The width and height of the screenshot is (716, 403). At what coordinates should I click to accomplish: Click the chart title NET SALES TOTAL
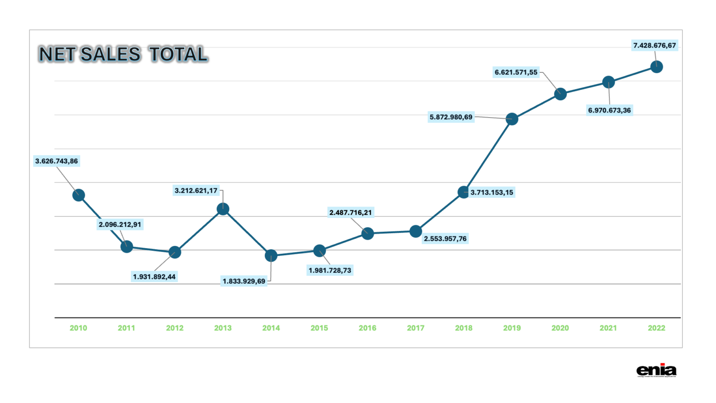click(123, 54)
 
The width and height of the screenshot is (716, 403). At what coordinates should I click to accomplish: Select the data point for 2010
click(79, 195)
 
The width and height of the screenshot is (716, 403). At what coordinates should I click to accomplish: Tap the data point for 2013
click(223, 209)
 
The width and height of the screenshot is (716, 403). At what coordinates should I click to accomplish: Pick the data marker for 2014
click(271, 256)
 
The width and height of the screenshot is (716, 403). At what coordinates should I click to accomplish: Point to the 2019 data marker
click(512, 119)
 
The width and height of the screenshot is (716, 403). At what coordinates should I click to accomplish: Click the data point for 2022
click(656, 67)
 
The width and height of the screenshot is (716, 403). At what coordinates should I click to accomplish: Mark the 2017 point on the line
click(416, 231)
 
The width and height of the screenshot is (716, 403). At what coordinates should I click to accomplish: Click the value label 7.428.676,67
click(654, 45)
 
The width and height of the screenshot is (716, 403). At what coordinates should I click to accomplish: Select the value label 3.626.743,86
click(56, 161)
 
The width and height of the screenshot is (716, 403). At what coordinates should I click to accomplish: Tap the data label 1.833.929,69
click(244, 281)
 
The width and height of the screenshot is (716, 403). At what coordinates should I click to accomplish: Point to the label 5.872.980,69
click(451, 117)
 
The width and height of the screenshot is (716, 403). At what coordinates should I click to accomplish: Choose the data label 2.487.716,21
click(351, 213)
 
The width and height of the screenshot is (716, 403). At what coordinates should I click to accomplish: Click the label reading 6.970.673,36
click(609, 111)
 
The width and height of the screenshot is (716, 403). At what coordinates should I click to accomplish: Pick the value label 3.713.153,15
click(492, 192)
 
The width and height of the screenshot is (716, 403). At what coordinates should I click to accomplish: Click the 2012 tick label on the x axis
click(175, 328)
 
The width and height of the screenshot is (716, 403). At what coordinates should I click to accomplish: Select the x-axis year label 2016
click(367, 328)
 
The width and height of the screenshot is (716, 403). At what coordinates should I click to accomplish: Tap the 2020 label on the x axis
click(560, 328)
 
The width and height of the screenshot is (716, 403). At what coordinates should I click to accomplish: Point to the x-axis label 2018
click(464, 328)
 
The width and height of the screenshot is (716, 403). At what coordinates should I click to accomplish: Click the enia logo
click(656, 370)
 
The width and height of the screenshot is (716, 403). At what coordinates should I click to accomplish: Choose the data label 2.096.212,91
click(120, 224)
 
